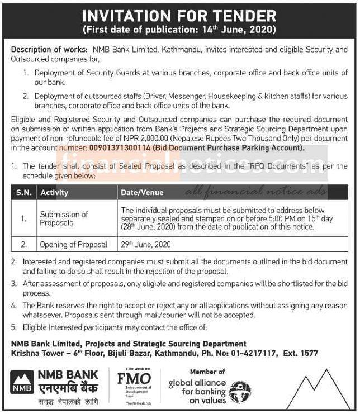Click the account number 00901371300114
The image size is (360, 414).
pos(117,148)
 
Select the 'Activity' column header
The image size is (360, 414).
pos(54,193)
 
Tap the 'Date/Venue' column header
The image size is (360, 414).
pos(142,193)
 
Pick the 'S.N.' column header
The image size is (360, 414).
pos(23,193)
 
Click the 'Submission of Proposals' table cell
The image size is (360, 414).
pos(64,218)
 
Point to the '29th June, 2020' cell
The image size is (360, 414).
pos(146,245)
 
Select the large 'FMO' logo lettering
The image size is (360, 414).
pos(134,378)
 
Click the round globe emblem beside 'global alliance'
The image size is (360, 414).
pos(240,388)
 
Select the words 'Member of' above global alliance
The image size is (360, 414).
pos(207,372)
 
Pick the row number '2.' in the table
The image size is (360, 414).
pos(23,245)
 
